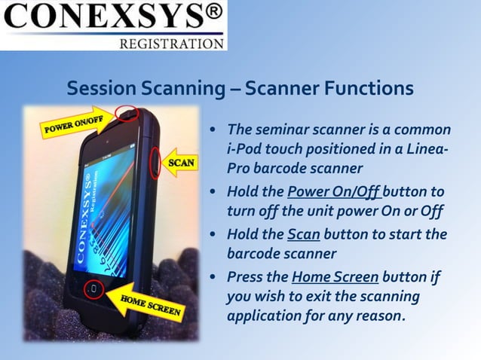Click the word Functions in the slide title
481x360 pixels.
pos(369,89)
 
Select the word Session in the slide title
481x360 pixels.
pos(100,89)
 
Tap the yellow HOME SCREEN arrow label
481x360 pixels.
pos(150,304)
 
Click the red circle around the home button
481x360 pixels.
pos(93,289)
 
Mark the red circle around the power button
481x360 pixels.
pos(127,114)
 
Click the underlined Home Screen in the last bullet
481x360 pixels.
pos(335,276)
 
